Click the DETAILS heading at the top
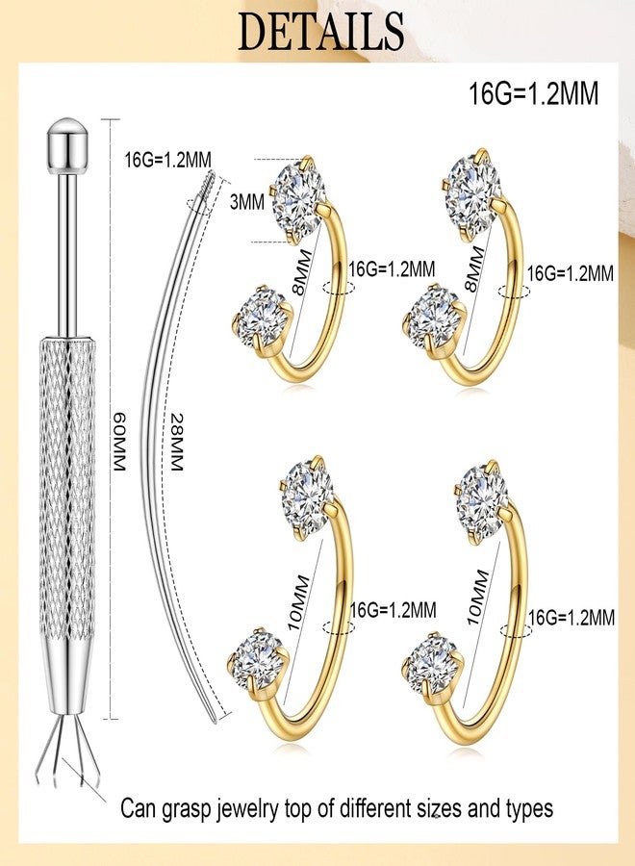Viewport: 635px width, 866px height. [320, 31]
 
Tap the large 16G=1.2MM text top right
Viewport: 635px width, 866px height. [533, 93]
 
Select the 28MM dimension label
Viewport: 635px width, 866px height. [176, 442]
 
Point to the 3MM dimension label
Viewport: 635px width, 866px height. [247, 202]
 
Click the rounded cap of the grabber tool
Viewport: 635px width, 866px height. [67, 144]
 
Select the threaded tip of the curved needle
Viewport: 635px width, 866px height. [207, 182]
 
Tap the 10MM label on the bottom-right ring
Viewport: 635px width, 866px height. [478, 598]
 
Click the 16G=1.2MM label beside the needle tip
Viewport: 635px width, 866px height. [167, 160]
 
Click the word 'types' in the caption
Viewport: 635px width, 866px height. [530, 809]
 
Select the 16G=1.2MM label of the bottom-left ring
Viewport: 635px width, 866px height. [394, 610]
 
